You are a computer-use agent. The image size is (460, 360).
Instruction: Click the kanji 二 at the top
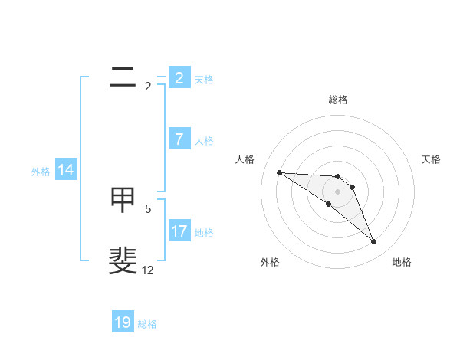[x=123, y=77]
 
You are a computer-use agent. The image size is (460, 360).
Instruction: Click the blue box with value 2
[x=179, y=77]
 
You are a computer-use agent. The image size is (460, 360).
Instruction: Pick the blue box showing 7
[x=179, y=139]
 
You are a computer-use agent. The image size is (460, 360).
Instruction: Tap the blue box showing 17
[x=179, y=231]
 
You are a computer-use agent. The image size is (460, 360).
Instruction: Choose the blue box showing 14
[x=66, y=170]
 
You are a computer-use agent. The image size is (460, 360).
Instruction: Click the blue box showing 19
[x=123, y=322]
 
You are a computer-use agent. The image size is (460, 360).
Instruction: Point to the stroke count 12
[x=147, y=270]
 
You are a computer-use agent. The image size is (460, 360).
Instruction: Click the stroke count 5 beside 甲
[x=148, y=208]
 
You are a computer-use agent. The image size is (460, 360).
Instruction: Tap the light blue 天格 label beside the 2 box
[x=204, y=79]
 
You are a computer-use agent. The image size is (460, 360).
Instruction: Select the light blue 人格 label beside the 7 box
[x=204, y=141]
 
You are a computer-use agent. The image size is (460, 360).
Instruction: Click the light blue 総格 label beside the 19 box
[x=147, y=324]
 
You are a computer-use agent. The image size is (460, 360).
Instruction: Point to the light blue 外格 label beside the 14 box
[x=41, y=172]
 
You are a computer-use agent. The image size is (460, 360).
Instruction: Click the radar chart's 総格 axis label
[x=337, y=100]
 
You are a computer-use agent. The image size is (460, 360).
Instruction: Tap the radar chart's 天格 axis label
[x=432, y=159]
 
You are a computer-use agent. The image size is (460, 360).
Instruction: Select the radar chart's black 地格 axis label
[x=402, y=262]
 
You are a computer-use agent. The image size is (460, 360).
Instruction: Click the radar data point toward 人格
[x=279, y=172]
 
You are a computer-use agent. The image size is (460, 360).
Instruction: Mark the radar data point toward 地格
[x=373, y=241]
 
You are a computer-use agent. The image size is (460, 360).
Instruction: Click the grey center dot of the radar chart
[x=337, y=191]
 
